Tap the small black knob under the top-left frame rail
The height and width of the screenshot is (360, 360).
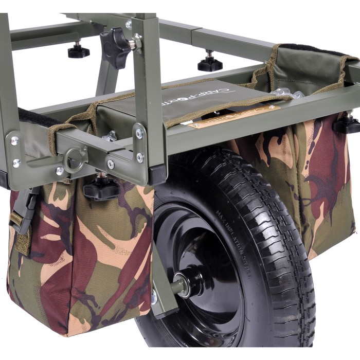click(78, 51)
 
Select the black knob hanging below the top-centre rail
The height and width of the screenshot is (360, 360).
click(209, 63)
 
